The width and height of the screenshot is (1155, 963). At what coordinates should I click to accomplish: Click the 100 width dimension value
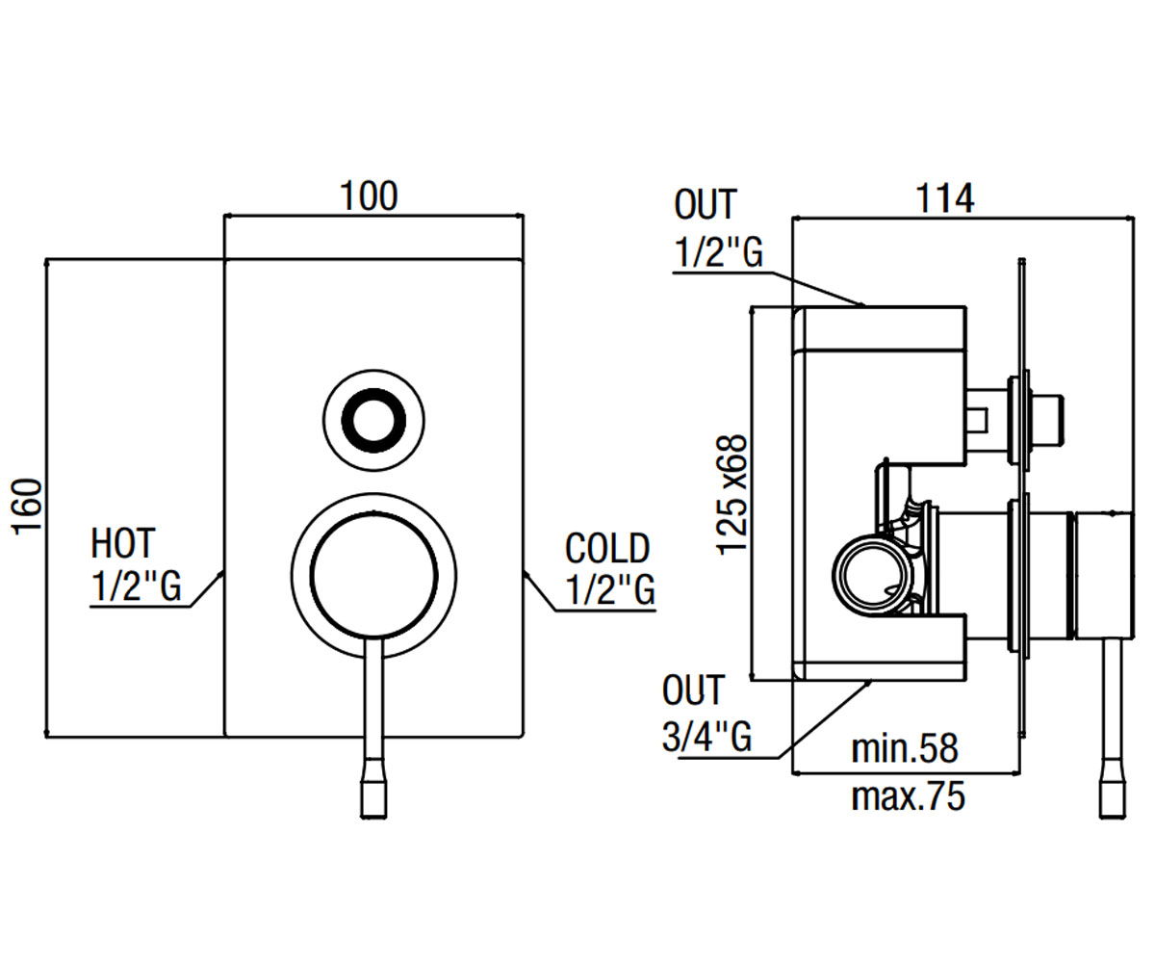369,195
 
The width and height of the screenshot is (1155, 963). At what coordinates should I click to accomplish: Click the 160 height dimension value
27,507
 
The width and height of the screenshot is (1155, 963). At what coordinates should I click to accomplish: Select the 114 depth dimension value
945,198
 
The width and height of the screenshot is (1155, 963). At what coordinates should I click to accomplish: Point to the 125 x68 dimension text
731,494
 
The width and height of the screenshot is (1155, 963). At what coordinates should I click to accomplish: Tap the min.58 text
905,749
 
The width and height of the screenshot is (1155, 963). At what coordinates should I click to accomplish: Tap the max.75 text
908,796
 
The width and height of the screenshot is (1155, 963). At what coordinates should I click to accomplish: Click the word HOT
123,543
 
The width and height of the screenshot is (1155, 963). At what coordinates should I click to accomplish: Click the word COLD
606,548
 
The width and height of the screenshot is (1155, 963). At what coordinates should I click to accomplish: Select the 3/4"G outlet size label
706,736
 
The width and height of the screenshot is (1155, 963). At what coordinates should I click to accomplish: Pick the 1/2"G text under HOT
136,586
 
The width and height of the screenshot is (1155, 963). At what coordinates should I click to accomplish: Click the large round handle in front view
374,576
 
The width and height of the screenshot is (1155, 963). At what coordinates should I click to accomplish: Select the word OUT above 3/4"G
693,690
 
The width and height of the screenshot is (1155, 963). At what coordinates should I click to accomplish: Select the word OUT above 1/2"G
706,204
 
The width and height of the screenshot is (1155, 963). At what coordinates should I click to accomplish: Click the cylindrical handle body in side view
1104,576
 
